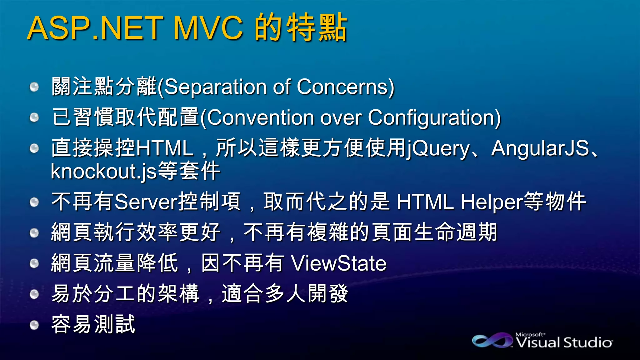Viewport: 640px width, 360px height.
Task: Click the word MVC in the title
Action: click(208, 28)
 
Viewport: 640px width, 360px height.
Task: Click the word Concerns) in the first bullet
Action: click(346, 87)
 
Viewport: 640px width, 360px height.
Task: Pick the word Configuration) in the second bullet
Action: click(434, 117)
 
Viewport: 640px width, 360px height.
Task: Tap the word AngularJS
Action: click(540, 148)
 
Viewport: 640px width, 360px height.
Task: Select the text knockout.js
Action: click(104, 171)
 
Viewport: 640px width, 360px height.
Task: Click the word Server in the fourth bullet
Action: click(146, 202)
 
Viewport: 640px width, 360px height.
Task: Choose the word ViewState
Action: click(339, 263)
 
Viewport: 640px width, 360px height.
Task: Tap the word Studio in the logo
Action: click(588, 342)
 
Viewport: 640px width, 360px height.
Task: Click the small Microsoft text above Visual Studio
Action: click(530, 334)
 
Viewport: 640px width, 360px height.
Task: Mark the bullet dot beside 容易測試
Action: click(34, 325)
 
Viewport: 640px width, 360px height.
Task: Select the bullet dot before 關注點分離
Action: click(34, 87)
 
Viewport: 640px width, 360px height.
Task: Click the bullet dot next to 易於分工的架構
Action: click(34, 294)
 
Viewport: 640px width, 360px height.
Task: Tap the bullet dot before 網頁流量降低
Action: click(34, 263)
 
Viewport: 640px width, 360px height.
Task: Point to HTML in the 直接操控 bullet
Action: click(165, 148)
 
